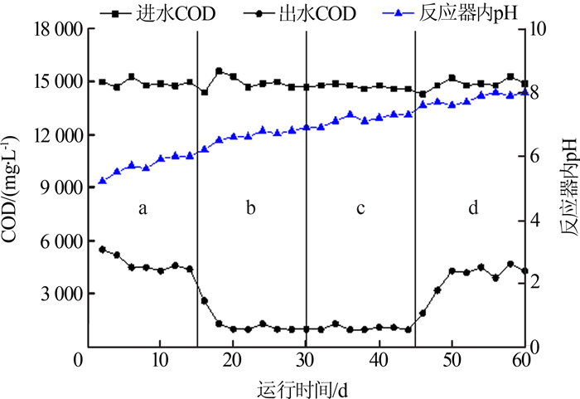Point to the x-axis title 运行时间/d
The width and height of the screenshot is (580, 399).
coord(305,386)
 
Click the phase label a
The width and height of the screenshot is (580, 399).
coord(143,209)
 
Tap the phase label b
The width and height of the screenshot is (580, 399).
coord(250,209)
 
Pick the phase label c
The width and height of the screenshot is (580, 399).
coord(360,209)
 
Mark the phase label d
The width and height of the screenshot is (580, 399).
coord(472,209)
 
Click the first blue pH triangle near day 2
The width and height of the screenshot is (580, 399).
coord(102,180)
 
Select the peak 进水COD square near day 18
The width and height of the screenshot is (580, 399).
coord(219,71)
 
